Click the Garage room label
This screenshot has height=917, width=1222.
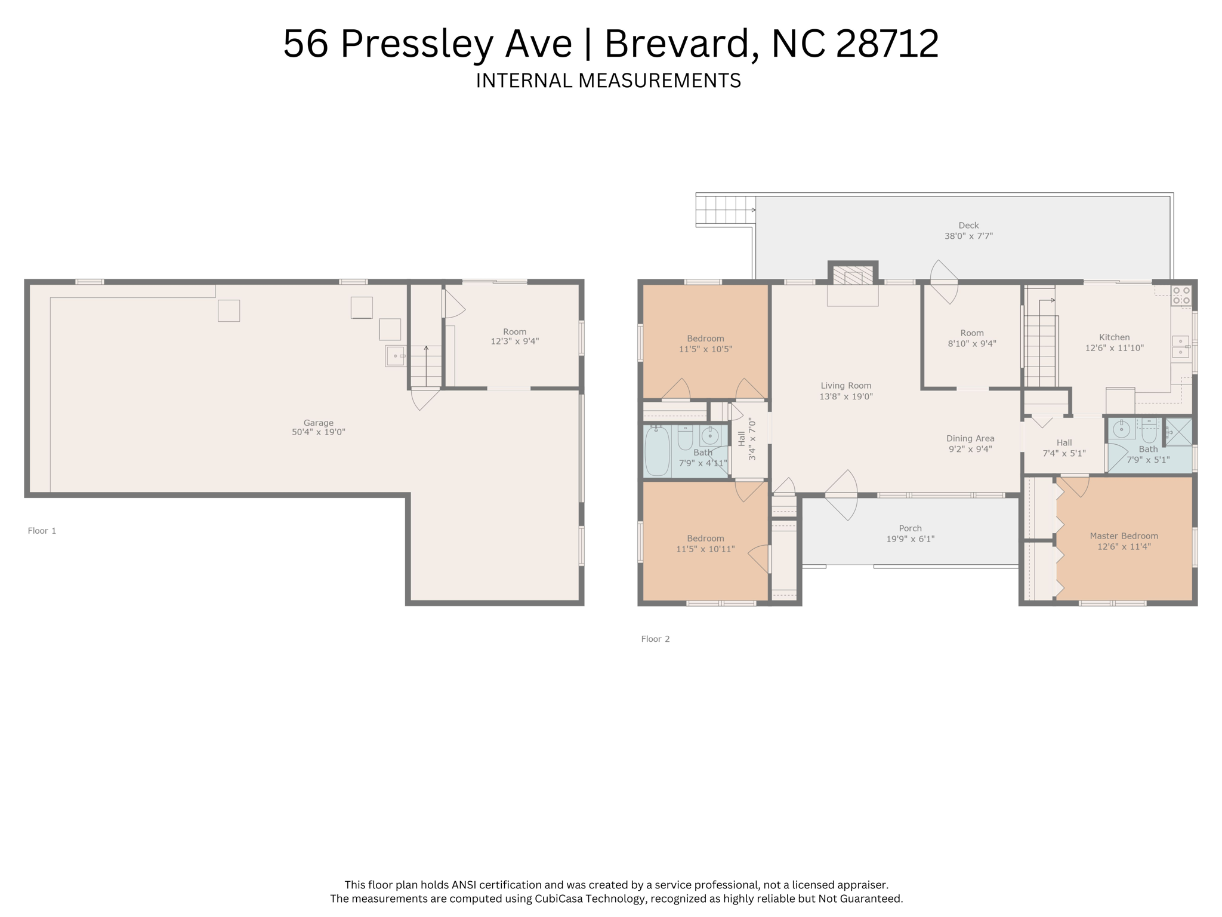click(x=318, y=423)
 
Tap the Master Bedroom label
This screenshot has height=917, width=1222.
click(x=1124, y=536)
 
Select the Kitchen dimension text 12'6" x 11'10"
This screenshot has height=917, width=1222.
click(x=1114, y=348)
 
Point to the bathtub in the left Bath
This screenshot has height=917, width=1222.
click(x=657, y=451)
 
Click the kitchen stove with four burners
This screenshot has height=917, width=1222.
click(x=1181, y=296)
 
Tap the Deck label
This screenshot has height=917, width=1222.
click(x=968, y=226)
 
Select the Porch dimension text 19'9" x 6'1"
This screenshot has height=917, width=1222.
click(x=910, y=539)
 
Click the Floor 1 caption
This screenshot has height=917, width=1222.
click(x=42, y=531)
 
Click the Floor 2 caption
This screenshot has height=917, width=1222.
click(x=655, y=639)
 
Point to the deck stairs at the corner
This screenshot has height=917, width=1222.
click(x=724, y=210)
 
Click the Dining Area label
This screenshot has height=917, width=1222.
click(x=970, y=438)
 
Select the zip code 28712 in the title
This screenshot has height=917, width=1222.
click(x=887, y=44)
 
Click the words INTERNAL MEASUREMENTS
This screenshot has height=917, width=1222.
click(x=608, y=81)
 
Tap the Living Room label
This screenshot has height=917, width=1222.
click(x=845, y=386)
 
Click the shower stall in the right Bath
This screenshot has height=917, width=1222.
click(x=1178, y=432)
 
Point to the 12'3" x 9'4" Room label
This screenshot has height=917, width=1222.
click(x=514, y=337)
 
